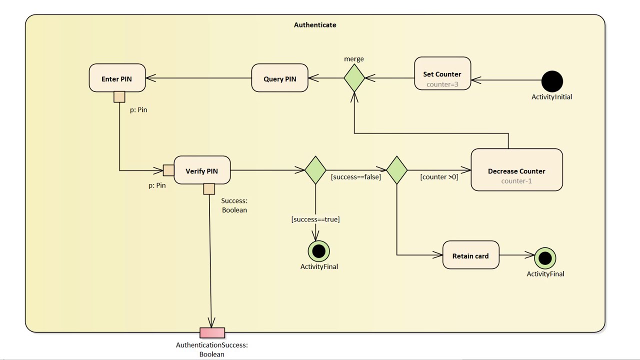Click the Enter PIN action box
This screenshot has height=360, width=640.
pyautogui.click(x=117, y=78)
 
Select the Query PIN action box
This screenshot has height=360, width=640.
pyautogui.click(x=279, y=78)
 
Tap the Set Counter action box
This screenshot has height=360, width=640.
pyautogui.click(x=442, y=73)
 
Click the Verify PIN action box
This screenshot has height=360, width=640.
pyautogui.click(x=202, y=170)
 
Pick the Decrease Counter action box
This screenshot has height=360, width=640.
pyautogui.click(x=516, y=170)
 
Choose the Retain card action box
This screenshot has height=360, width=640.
pyautogui.click(x=470, y=255)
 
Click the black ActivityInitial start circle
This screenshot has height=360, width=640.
pyautogui.click(x=552, y=81)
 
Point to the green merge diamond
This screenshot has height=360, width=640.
pyautogui.click(x=354, y=78)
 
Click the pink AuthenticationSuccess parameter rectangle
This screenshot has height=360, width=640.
pyautogui.click(x=212, y=333)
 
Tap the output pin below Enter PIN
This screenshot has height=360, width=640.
pyautogui.click(x=119, y=96)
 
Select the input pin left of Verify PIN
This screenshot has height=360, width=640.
pyautogui.click(x=168, y=170)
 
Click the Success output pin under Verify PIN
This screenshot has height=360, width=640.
pyautogui.click(x=209, y=188)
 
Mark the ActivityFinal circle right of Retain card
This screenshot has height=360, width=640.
pyautogui.click(x=545, y=258)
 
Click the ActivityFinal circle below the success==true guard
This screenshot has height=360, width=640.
pyautogui.click(x=319, y=251)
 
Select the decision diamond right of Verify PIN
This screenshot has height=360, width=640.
pyautogui.click(x=315, y=170)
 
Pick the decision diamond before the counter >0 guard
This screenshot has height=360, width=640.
pyautogui.click(x=397, y=170)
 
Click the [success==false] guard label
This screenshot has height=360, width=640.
pyautogui.click(x=355, y=176)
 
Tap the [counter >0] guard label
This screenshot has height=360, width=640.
pyautogui.click(x=439, y=176)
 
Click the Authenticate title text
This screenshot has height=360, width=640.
pyautogui.click(x=315, y=25)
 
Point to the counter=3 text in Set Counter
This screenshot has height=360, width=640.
pyautogui.click(x=442, y=84)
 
